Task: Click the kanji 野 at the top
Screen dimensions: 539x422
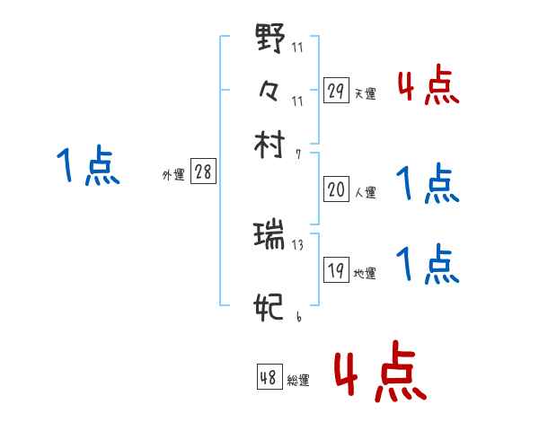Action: coord(269,39)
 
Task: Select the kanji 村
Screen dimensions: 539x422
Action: coord(270,144)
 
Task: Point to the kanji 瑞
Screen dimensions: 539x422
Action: coord(269,237)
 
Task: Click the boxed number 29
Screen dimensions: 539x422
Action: coord(336,91)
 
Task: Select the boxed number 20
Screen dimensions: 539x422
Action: coord(336,189)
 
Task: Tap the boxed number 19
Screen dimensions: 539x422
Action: coord(336,271)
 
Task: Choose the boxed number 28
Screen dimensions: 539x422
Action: coord(203,172)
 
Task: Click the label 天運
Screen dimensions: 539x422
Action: coord(365,93)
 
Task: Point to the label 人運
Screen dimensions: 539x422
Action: coord(365,192)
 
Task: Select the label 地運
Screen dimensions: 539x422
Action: coord(365,274)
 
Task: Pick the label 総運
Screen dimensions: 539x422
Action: coord(297,381)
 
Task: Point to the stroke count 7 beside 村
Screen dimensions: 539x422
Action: coord(298,154)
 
